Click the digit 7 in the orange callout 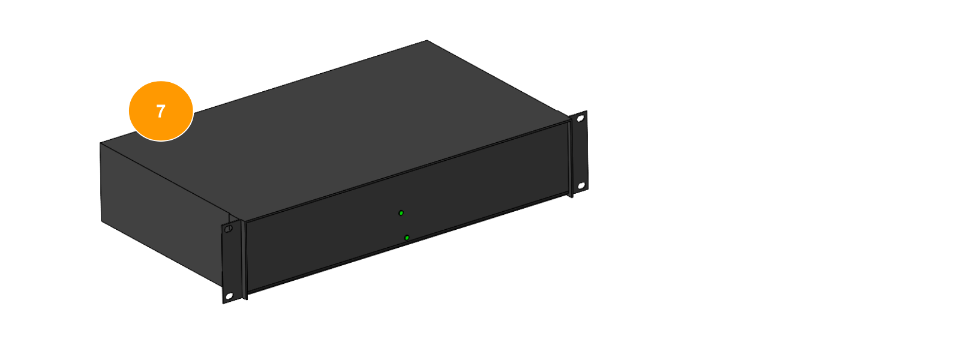point(161,112)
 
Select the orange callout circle point(161,111)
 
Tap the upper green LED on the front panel point(401,213)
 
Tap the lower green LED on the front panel point(407,238)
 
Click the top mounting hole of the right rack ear point(581,118)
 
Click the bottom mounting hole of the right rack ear point(581,186)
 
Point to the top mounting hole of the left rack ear point(229,229)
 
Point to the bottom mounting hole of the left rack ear point(229,296)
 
